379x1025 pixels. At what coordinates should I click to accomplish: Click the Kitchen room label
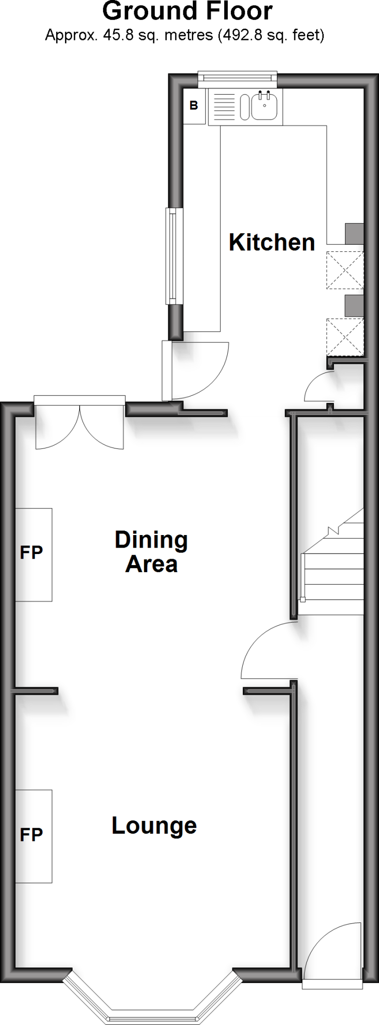[271, 242]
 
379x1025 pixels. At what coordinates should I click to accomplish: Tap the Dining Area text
[151, 552]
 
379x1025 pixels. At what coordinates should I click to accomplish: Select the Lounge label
[154, 825]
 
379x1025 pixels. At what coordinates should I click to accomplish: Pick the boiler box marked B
[194, 106]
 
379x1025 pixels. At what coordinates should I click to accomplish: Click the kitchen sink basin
[264, 106]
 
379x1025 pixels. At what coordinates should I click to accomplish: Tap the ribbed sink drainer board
[224, 106]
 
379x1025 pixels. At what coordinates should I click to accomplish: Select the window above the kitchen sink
[237, 77]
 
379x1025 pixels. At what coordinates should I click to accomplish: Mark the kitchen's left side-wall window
[172, 256]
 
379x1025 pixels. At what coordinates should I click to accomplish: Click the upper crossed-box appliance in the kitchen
[344, 270]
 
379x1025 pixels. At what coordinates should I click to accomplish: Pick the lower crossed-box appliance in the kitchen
[344, 337]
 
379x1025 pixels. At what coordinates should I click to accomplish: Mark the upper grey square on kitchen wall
[354, 233]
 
